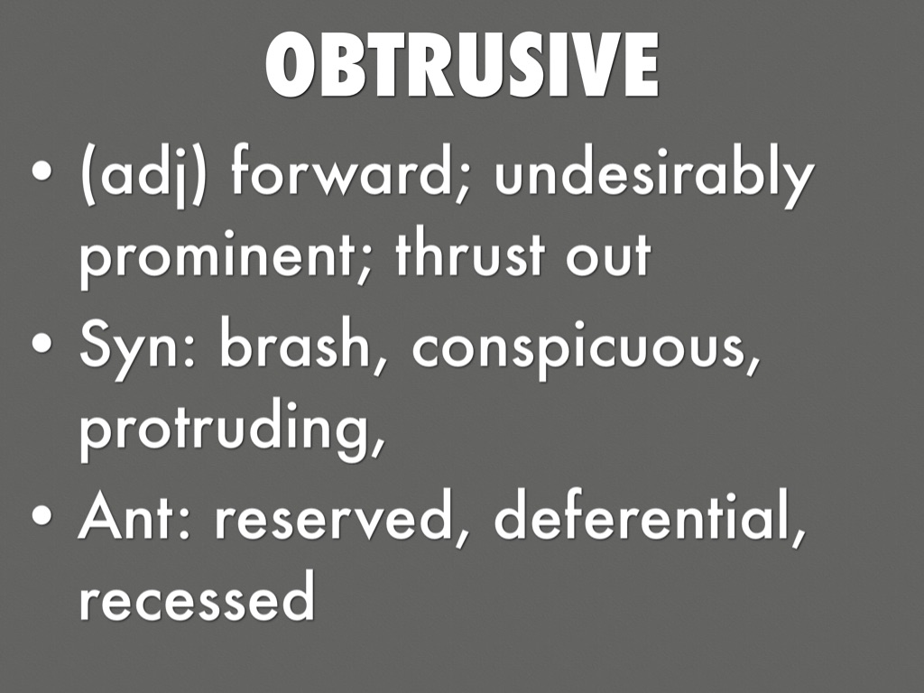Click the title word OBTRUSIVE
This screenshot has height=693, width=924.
point(462,65)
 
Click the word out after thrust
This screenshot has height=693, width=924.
point(609,257)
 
